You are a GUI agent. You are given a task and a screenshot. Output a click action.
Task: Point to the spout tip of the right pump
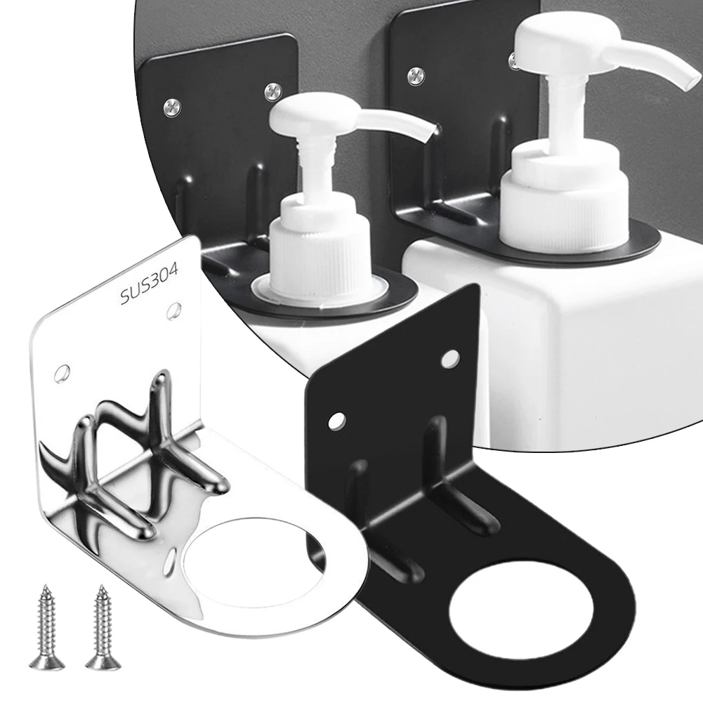tap(692, 80)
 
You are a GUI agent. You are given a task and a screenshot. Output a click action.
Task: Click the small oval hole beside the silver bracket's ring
tap(170, 563)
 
